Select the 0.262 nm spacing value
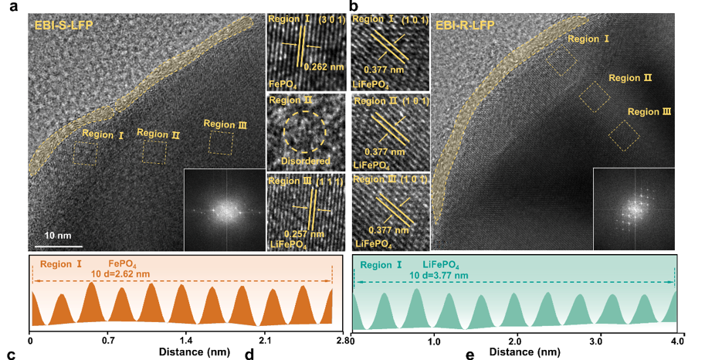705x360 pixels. pos(323,66)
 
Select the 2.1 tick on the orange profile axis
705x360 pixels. pos(265,340)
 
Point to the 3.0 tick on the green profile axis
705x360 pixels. pos(596,340)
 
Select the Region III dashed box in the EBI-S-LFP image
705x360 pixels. pos(221,142)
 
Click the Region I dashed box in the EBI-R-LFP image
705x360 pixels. pos(562,61)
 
